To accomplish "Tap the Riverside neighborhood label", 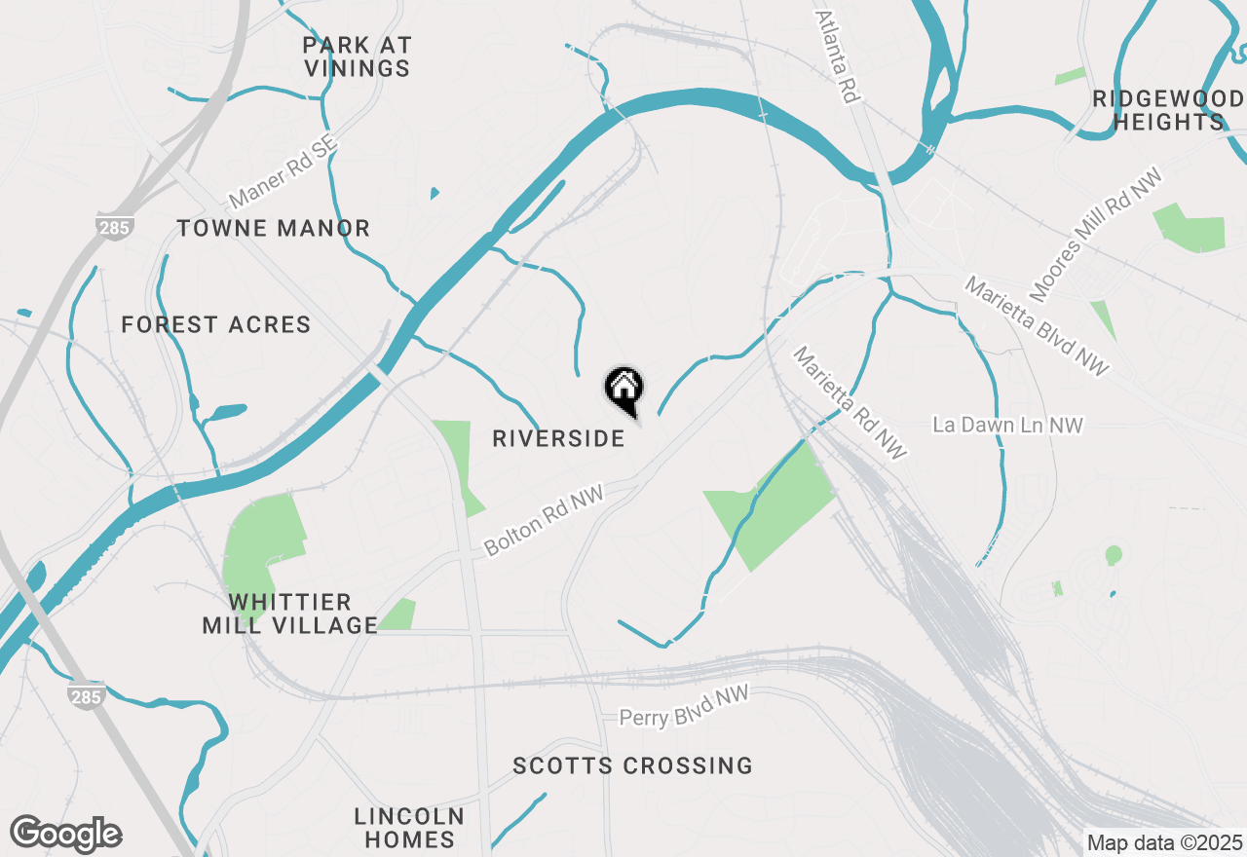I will pos(558,438).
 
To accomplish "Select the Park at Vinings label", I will pos(357,56).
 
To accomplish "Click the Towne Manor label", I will pos(274,229).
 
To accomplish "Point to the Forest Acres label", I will pos(216,324).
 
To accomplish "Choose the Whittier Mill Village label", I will pos(289,614).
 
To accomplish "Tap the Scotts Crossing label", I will pos(633,765).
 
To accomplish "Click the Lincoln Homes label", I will pos(409,827).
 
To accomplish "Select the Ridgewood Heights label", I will pos(1168,110).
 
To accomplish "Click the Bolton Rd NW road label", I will pos(545,519).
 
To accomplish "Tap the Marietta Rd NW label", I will pos(850,402).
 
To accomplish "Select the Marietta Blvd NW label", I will pos(1037,325).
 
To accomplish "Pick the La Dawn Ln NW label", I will pos(1007,425).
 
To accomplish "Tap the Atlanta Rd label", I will pos(836,56).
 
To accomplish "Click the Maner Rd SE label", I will pos(283,172).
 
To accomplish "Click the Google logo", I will pos(66,834).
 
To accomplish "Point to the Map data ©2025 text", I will pos(1163,841).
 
